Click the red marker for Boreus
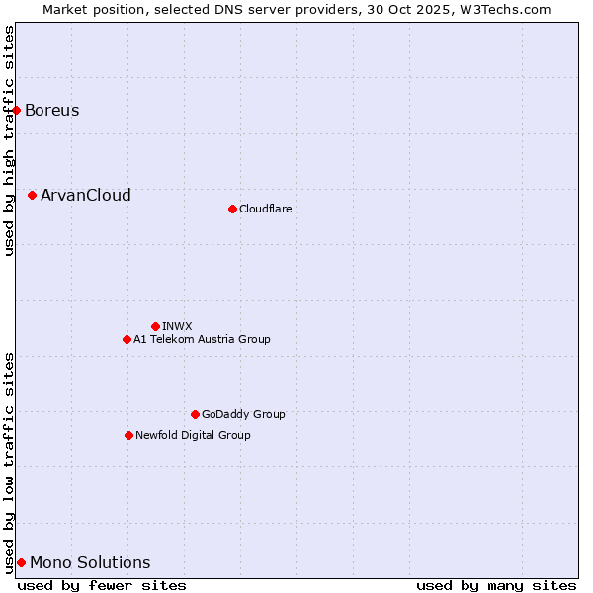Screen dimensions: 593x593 point(17,110)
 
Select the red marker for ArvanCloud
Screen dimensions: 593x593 point(33,196)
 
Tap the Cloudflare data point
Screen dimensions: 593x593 point(232,209)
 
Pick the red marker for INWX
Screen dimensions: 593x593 point(155,326)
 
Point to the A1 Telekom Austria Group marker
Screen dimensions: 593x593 point(127,339)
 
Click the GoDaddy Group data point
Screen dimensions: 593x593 point(195,414)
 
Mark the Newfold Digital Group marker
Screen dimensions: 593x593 point(128,435)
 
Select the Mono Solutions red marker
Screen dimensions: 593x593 point(21,562)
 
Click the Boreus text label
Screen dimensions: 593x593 point(52,110)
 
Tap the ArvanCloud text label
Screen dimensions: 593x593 point(86,196)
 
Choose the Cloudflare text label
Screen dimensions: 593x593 point(265,209)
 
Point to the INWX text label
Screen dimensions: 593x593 point(177,326)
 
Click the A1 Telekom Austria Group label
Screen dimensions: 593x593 point(202,339)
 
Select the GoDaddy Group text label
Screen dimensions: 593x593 point(243,414)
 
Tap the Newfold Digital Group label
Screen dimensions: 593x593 point(193,435)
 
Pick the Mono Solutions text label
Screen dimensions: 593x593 point(90,563)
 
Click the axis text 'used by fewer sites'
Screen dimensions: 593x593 point(102,585)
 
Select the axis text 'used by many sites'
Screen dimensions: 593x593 point(496,585)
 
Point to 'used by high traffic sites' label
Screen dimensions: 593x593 point(9,140)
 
